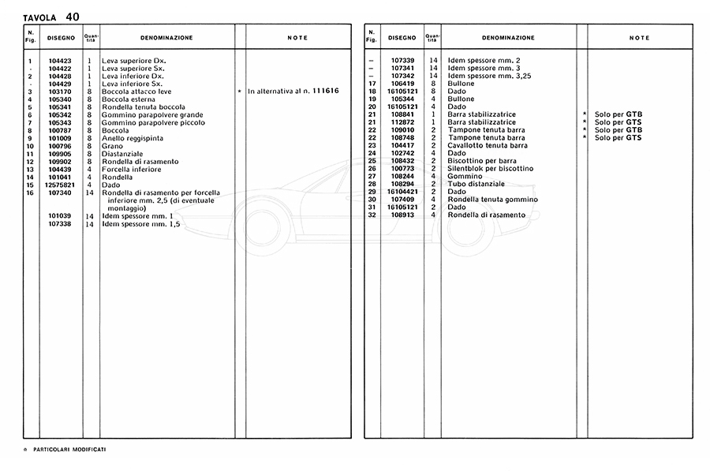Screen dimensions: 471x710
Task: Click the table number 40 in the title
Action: click(x=73, y=16)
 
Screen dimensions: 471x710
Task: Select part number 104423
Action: click(x=60, y=61)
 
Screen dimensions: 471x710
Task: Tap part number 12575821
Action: click(x=60, y=185)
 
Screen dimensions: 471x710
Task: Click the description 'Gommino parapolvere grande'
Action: click(x=152, y=115)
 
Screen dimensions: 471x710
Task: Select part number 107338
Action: click(x=60, y=224)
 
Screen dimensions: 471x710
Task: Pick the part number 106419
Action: click(x=402, y=84)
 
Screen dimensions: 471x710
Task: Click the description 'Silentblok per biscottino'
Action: click(x=490, y=169)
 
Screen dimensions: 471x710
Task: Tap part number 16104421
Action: click(x=402, y=192)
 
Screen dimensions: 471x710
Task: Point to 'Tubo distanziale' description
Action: click(x=476, y=184)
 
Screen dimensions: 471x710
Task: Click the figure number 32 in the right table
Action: click(x=371, y=215)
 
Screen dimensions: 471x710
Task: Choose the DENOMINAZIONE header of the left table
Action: click(x=166, y=38)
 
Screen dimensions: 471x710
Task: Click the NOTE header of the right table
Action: click(x=639, y=38)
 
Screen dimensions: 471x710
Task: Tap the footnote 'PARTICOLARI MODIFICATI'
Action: click(x=69, y=449)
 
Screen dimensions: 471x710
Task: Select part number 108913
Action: click(x=402, y=215)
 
